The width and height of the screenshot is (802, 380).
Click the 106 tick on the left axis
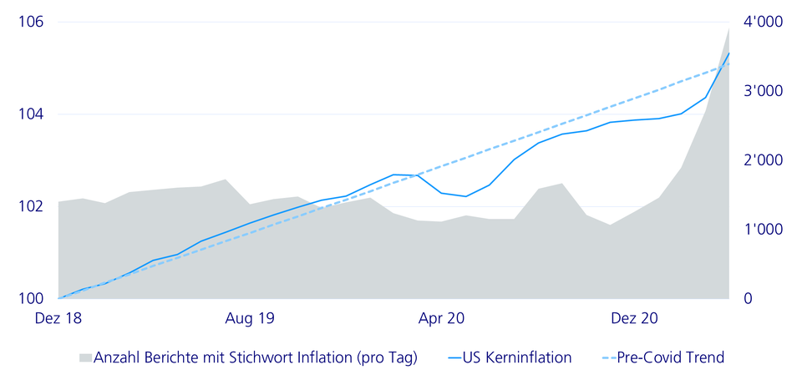click(30, 23)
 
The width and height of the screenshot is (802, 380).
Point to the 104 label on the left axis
click(30, 114)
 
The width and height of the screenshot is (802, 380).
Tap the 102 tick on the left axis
click(30, 206)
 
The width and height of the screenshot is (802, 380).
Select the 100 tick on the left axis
click(30, 298)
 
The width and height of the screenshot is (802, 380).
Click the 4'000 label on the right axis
click(763, 23)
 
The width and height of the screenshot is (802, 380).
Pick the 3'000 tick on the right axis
click(763, 92)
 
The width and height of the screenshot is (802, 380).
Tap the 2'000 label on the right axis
click(763, 160)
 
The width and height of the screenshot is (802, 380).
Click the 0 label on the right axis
click(749, 298)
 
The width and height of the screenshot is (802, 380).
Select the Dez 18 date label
click(58, 318)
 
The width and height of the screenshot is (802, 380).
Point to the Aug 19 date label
click(250, 318)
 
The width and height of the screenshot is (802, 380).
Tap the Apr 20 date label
click(442, 318)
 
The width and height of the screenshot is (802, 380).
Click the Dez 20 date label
click(634, 318)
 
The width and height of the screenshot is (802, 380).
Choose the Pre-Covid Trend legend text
click(670, 357)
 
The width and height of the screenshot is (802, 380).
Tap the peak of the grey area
click(728, 29)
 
